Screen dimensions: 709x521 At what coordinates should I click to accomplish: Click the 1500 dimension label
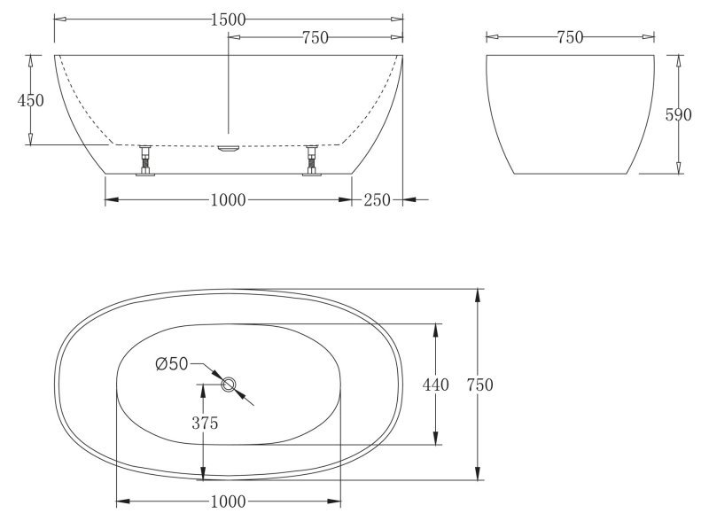tap(229, 19)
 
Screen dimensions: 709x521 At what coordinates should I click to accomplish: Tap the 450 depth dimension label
tap(30, 100)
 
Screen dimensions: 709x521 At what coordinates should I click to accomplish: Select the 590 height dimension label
tap(678, 115)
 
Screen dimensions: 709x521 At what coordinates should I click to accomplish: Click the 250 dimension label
tap(377, 199)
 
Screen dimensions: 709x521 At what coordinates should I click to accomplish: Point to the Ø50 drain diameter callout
tap(171, 363)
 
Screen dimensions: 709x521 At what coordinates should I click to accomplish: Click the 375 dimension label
tap(205, 423)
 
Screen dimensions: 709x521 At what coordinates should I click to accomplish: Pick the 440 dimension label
tap(435, 385)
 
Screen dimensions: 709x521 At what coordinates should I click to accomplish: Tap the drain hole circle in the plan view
tap(229, 385)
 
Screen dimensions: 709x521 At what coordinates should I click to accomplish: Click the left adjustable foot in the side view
tap(145, 160)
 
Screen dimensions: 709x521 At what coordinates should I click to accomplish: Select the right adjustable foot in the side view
tap(312, 160)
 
